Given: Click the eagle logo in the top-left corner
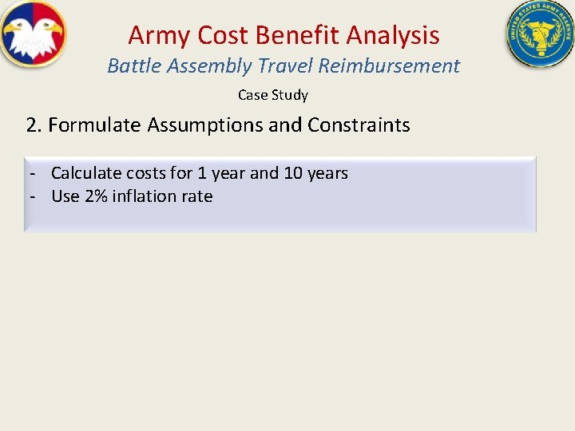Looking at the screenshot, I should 34,34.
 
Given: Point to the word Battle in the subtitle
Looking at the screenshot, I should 131,65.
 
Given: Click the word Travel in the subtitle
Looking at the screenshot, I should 285,65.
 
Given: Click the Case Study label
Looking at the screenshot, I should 273,95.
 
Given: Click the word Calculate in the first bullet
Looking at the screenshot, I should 86,173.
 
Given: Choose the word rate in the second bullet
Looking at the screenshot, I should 198,196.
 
